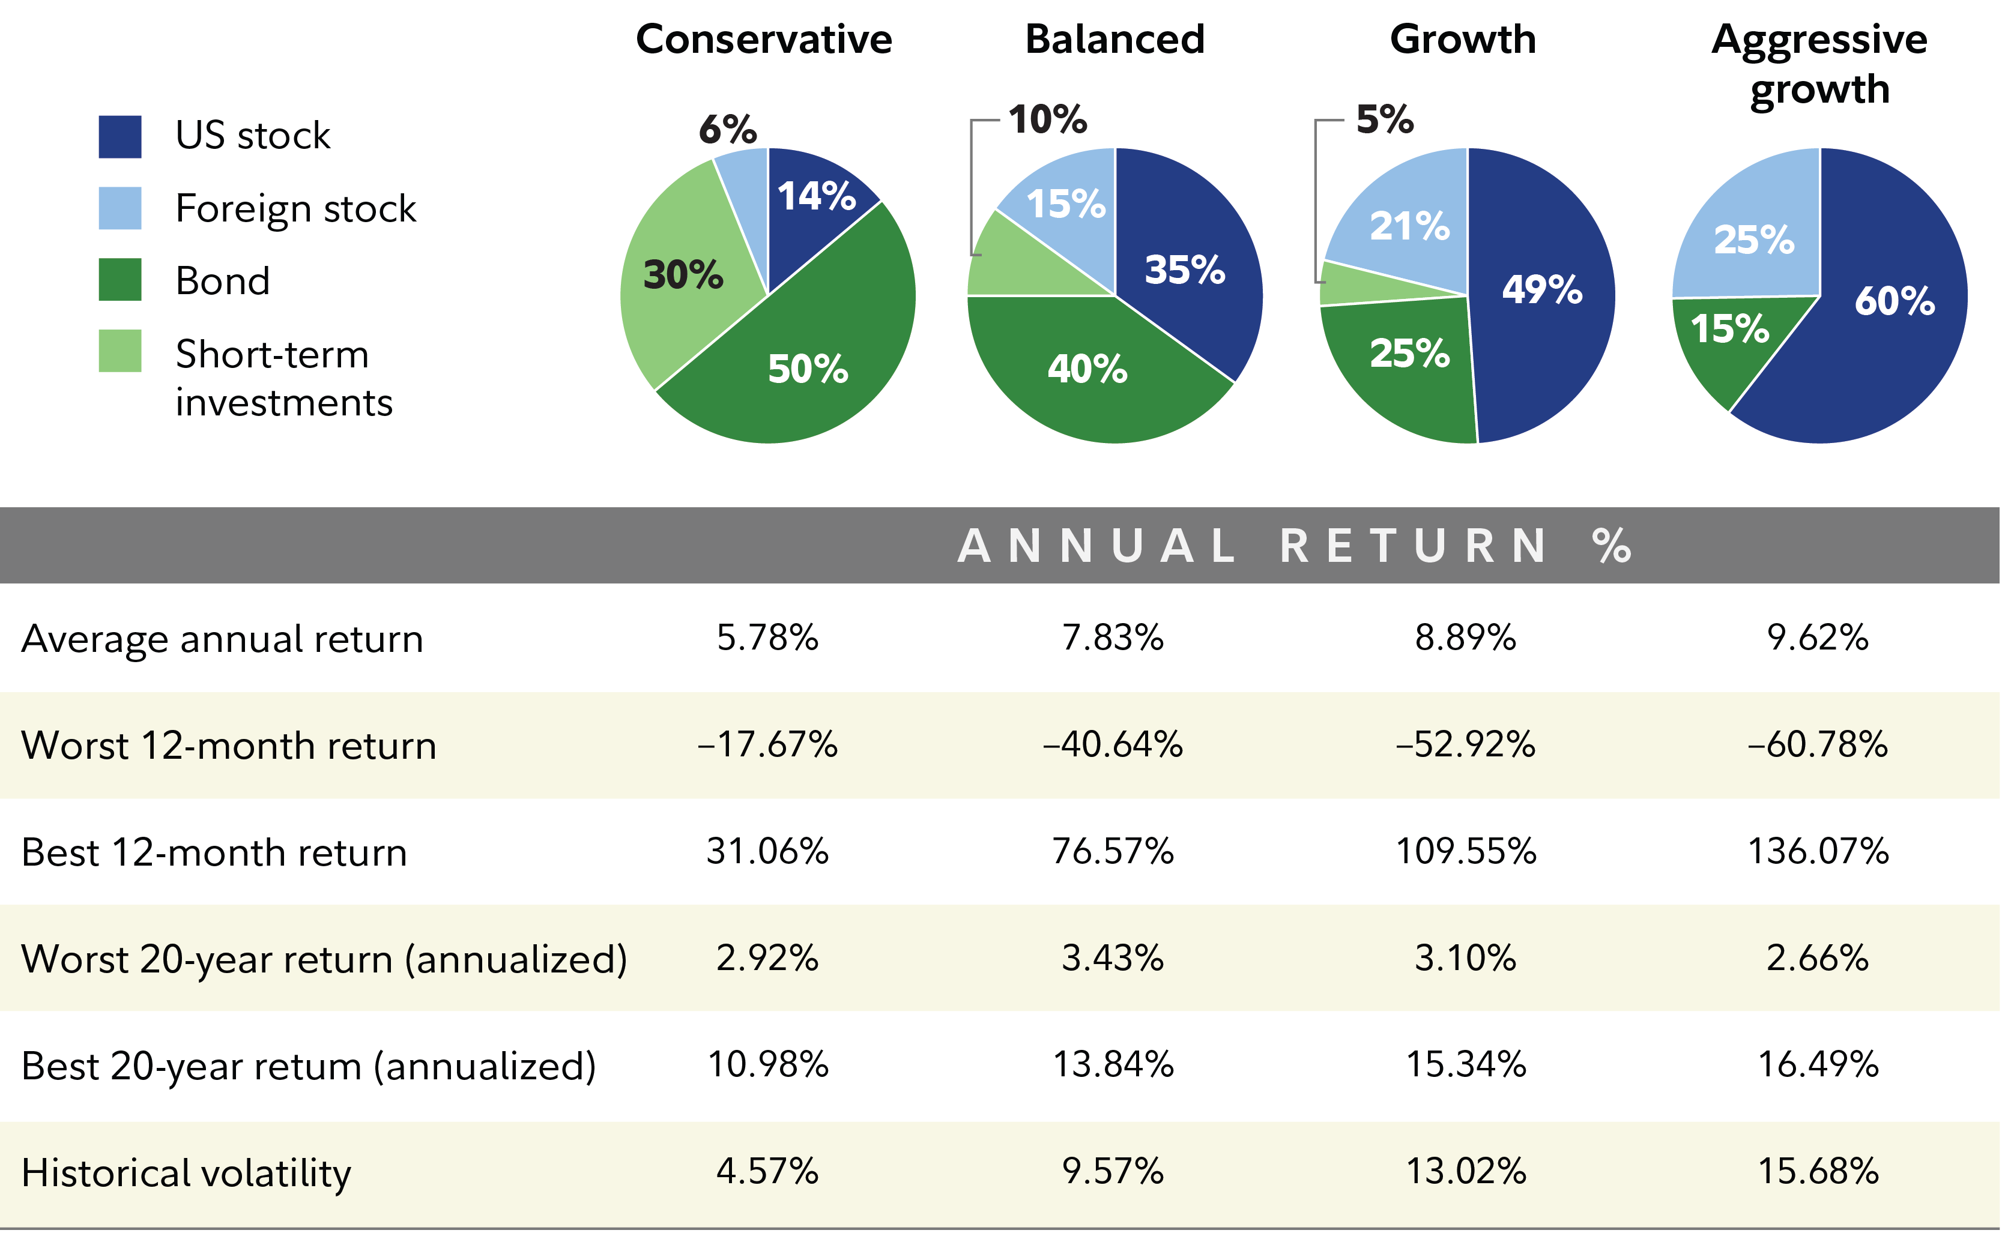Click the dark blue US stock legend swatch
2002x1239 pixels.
pos(119,136)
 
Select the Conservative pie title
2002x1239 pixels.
pos(764,40)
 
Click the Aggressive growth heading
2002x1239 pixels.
pos(1819,63)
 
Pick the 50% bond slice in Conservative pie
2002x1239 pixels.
pos(807,369)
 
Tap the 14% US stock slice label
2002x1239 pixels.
pos(816,197)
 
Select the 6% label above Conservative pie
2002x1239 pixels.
pos(727,128)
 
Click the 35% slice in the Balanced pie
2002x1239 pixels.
pos(1184,270)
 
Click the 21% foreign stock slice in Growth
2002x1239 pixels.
pos(1409,226)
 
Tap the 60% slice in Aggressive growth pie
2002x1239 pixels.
pos(1894,301)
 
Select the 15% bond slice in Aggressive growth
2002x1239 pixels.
pos(1729,330)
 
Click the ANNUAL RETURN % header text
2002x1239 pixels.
pos(1295,546)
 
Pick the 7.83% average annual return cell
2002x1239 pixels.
pos(1112,638)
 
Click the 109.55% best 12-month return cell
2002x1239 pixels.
pos(1465,851)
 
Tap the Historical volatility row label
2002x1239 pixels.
pos(186,1172)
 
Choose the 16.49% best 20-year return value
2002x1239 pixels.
pos(1818,1064)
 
